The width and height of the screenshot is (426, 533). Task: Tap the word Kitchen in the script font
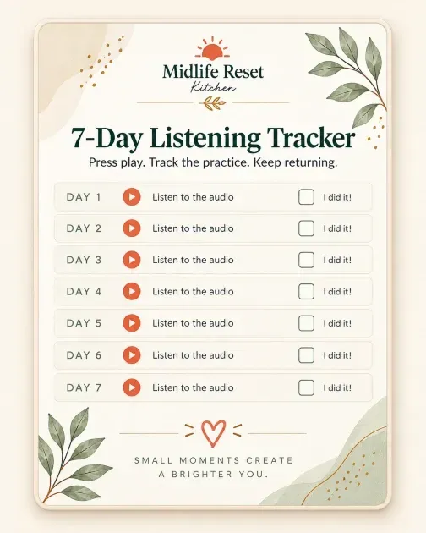[213, 87]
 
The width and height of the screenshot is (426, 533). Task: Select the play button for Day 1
[132, 197]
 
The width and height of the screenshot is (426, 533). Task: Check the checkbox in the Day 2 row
[306, 228]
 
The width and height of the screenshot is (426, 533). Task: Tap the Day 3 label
[84, 260]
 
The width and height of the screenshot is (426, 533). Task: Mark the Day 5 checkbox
[306, 323]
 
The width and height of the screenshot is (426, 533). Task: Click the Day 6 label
[84, 355]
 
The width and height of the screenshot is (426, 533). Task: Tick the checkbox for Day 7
[306, 387]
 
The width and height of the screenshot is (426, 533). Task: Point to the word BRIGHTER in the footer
[202, 474]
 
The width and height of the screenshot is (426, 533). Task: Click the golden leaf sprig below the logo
[213, 103]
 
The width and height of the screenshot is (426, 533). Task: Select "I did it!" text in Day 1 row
[337, 197]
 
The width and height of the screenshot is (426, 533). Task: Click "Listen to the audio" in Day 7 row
[193, 387]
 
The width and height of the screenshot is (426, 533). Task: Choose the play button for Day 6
[132, 354]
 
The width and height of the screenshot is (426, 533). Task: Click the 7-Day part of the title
[106, 138]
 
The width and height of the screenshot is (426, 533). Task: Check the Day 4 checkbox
[306, 291]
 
